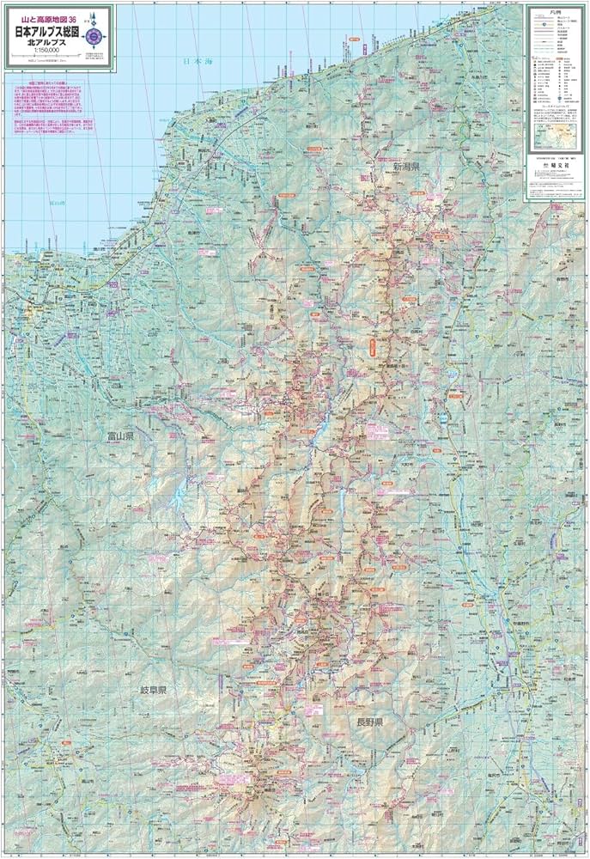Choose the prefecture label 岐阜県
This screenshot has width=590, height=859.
[158, 690]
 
